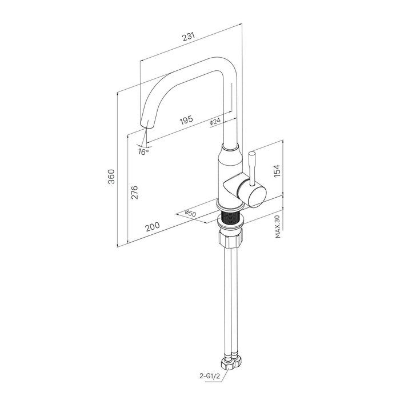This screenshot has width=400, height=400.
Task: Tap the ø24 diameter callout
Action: [x=215, y=121]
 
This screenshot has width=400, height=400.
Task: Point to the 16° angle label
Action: [x=143, y=152]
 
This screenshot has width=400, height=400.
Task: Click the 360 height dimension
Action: [x=111, y=177]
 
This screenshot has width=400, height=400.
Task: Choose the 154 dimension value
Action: [x=277, y=171]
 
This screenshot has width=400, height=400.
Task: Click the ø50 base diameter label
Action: [x=190, y=213]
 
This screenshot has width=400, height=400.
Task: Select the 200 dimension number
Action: [x=153, y=226]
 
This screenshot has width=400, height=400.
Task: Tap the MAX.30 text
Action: [x=278, y=226]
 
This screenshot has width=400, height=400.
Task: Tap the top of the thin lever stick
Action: [x=251, y=154]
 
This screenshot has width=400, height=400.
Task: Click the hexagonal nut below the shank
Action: [x=230, y=238]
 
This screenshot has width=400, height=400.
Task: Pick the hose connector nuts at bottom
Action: [x=231, y=363]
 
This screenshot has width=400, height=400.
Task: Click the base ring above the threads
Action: [x=229, y=206]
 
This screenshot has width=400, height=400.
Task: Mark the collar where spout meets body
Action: [x=230, y=147]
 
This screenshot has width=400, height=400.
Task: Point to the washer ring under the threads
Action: [x=230, y=222]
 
